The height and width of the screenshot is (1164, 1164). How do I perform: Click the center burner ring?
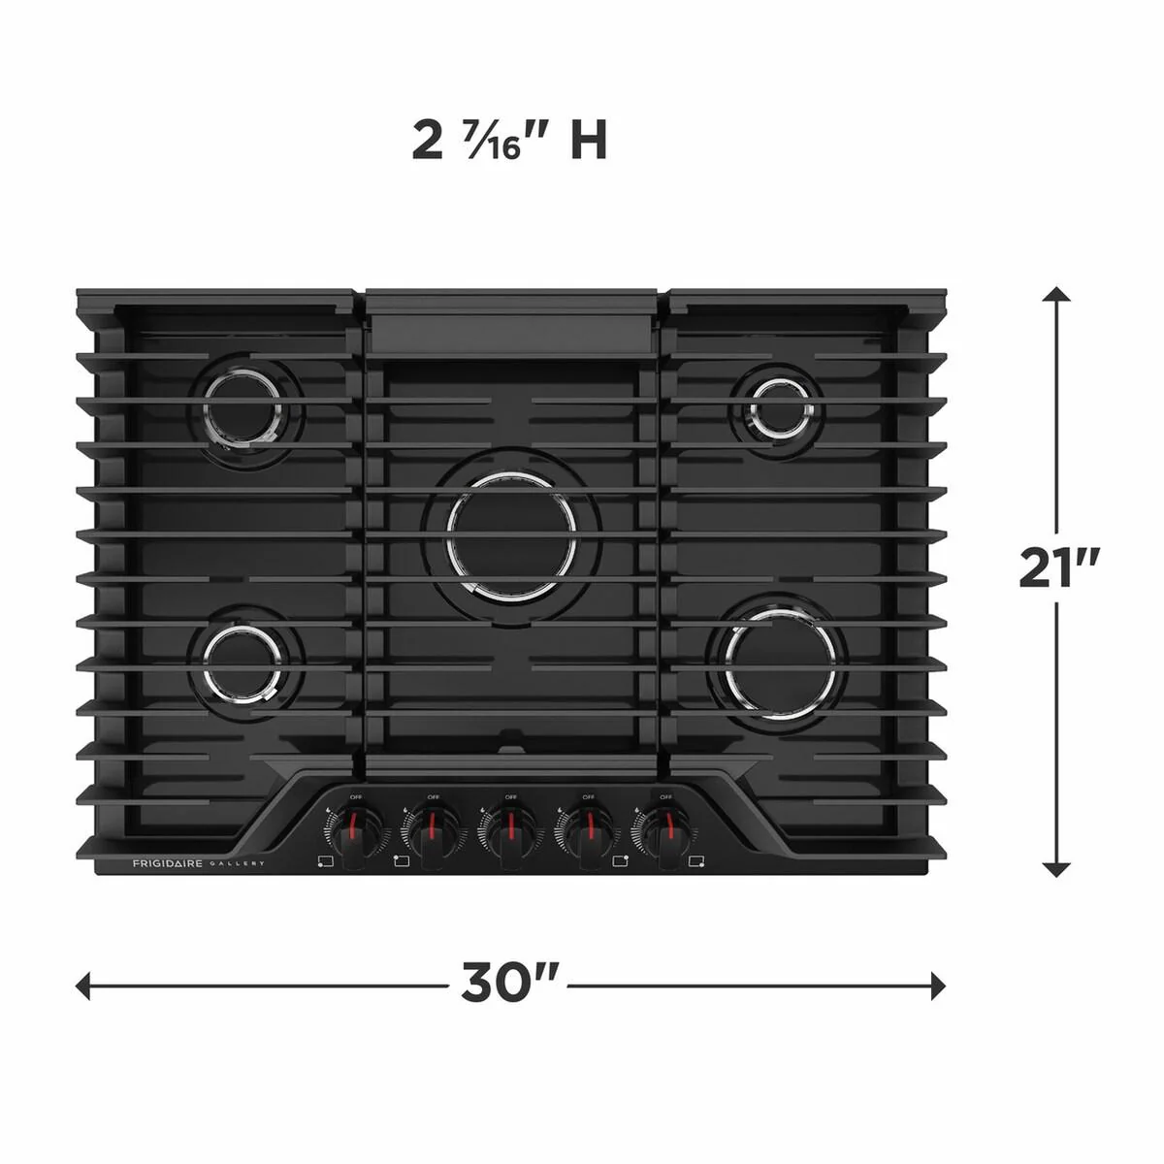(511, 534)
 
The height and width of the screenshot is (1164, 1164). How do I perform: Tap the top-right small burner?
(779, 407)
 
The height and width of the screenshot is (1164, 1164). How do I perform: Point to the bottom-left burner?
(242, 663)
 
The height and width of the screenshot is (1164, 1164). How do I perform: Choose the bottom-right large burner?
(781, 663)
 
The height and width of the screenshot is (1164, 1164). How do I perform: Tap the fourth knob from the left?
(587, 831)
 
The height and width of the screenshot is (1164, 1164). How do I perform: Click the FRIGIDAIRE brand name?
(167, 863)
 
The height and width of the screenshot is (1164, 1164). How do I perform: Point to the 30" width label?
(509, 984)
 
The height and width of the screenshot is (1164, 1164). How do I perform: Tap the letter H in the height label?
(588, 141)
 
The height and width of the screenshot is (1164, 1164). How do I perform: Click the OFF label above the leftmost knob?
(356, 797)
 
